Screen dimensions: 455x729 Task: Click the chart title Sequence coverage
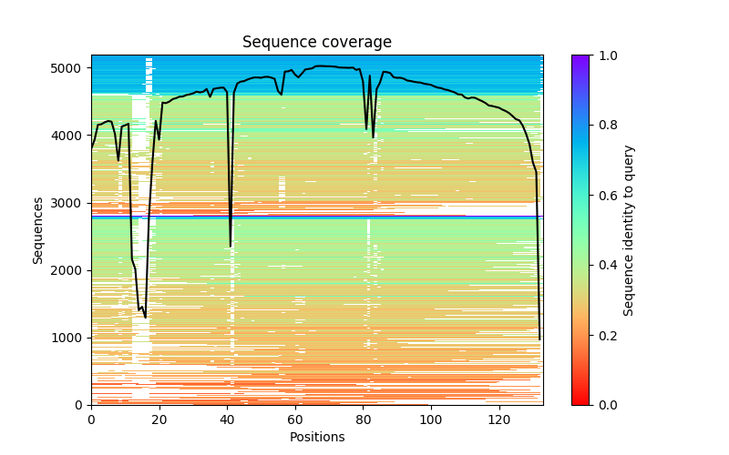[x=317, y=43]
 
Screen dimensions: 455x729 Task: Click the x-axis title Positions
[x=317, y=437]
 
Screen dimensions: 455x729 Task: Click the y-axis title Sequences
[x=38, y=229]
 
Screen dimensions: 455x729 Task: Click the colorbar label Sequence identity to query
[x=629, y=229]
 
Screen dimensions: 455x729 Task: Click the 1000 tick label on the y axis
[x=69, y=338]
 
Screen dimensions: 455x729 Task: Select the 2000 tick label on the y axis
[x=69, y=270]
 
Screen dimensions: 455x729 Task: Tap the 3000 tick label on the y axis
[x=69, y=203]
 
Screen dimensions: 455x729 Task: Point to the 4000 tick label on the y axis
[x=69, y=136]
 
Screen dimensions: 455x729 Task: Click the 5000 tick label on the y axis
[x=69, y=68]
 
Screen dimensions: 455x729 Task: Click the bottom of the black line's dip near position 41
[x=231, y=246]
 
